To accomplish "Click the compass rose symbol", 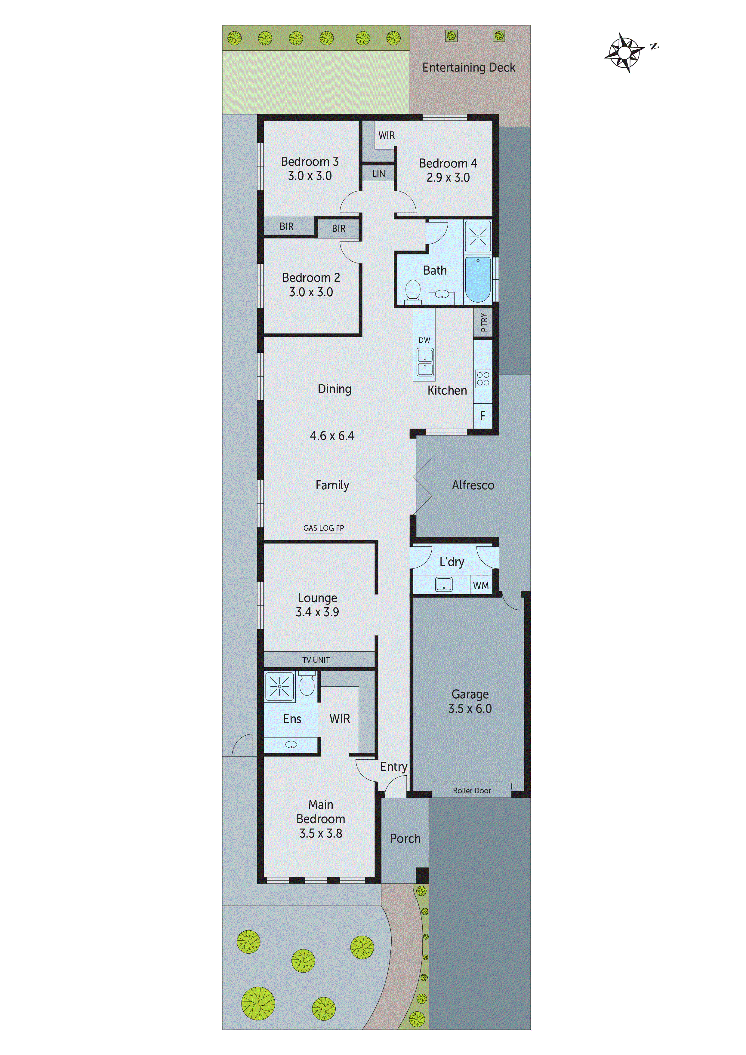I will point(624,52).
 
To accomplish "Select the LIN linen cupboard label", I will point(378,174).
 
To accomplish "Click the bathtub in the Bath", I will point(478,279).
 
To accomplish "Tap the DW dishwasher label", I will point(424,340).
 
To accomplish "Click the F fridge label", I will point(482,416).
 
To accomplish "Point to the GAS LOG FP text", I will point(324,528).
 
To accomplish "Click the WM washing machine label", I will point(481,586).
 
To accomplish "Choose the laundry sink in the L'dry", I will point(444,584).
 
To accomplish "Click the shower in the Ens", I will point(279,687).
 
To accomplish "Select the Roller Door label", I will point(472,790).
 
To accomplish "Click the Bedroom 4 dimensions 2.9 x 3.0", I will point(448,177).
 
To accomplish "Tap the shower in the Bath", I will point(478,237).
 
